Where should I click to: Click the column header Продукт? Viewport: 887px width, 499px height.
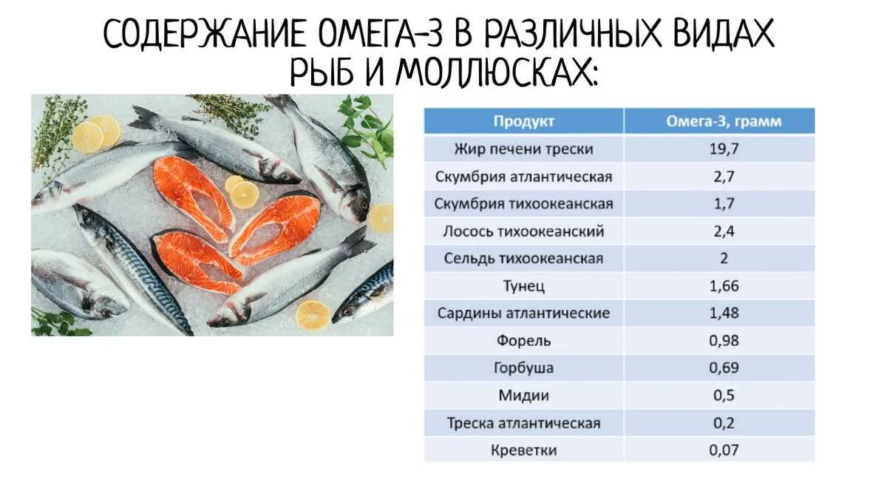(x=523, y=121)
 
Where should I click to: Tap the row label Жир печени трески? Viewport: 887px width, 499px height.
(x=523, y=149)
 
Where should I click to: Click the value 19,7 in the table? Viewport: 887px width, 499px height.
(x=724, y=149)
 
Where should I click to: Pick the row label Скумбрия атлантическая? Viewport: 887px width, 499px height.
(x=523, y=177)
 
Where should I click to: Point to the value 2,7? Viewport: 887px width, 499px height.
(x=724, y=177)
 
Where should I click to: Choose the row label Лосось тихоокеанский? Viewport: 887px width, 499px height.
(x=523, y=231)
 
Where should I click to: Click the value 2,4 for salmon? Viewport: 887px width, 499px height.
(x=724, y=231)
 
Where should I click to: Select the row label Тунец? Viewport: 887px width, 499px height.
(x=523, y=286)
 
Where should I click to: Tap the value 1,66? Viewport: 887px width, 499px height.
(x=724, y=286)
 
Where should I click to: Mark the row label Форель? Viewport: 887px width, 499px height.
(x=523, y=341)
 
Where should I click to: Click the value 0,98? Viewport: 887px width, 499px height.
(x=724, y=341)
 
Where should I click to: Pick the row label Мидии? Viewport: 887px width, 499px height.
(x=523, y=396)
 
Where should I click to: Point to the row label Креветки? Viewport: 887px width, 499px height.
(x=523, y=450)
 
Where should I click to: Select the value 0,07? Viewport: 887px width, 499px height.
(x=724, y=450)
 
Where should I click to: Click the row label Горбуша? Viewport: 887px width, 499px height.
(x=523, y=368)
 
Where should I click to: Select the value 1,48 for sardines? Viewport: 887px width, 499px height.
(x=724, y=313)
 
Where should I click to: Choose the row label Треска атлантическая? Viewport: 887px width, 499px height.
(x=523, y=424)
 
